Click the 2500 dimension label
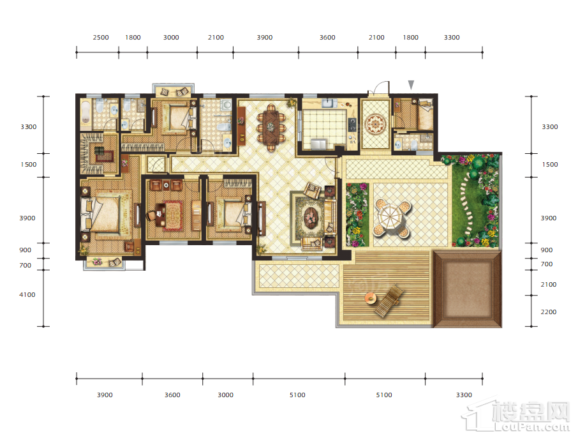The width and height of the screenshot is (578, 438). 101,37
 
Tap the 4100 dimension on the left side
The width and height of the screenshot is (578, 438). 27,294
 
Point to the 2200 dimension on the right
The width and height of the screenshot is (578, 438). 549,312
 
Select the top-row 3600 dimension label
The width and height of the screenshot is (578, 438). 327,37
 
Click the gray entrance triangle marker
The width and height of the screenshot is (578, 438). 411,85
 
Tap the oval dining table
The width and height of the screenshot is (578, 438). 271,127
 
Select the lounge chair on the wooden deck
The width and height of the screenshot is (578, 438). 388,301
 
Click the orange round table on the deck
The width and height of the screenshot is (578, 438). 371,297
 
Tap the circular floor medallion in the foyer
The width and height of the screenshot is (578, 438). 375,124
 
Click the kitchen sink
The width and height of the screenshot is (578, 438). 329,103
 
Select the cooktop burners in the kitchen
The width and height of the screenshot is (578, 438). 352,125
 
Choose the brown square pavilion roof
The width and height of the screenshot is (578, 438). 468,289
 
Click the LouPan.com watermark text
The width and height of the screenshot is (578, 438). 532,427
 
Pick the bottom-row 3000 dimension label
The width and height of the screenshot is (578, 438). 225,395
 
